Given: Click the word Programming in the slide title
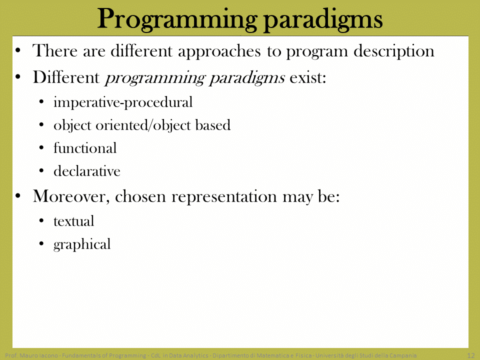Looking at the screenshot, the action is click(177, 19).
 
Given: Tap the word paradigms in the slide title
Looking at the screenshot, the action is click(323, 19).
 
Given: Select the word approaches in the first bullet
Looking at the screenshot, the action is click(219, 51).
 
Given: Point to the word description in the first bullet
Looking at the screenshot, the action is click(394, 51).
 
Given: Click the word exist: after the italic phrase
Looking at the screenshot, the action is click(307, 77).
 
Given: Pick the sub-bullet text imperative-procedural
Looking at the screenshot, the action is click(123, 102).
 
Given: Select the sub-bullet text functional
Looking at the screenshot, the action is click(85, 148).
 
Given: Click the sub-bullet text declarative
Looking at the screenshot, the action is click(87, 171).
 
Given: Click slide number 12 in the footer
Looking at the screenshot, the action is click(470, 355).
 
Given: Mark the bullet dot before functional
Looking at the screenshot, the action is click(41, 148).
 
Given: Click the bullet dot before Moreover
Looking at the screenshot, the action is click(18, 196).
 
